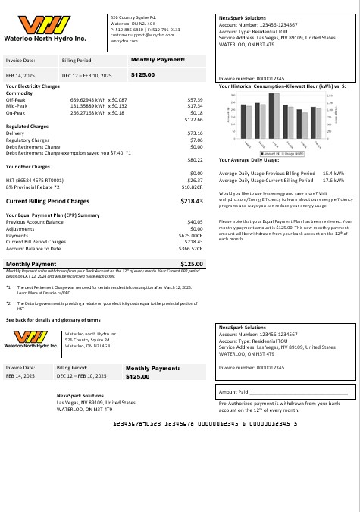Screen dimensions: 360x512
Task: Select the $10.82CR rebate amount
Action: pos(192,186)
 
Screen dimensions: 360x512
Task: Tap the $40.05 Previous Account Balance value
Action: pos(195,221)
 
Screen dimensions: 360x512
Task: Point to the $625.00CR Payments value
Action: pos(190,235)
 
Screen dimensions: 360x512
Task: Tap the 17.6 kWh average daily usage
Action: pos(333,181)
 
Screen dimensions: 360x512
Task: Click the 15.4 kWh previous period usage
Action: pos(333,174)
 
